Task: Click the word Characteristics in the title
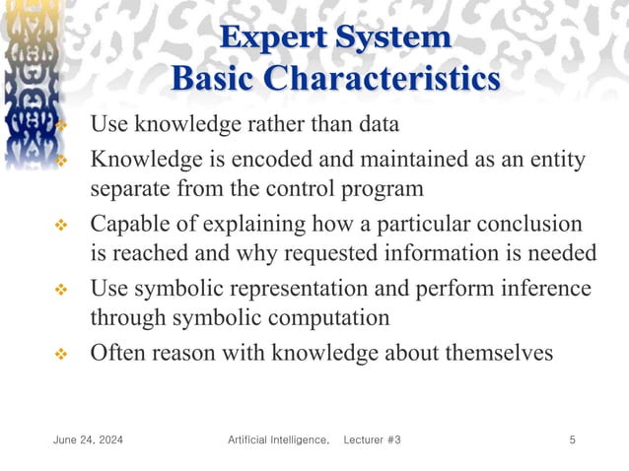[x=383, y=79]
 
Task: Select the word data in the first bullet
[x=377, y=125]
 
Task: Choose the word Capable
[x=127, y=224]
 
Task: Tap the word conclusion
[x=529, y=224]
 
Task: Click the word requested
[x=317, y=253]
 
